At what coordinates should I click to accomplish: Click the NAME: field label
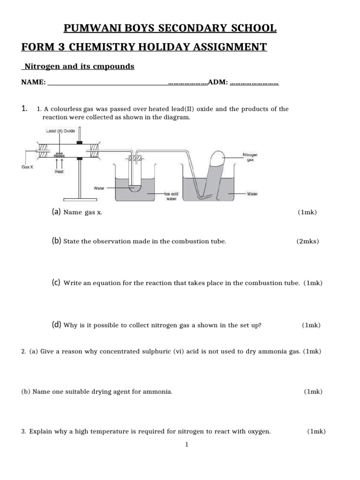pyautogui.click(x=33, y=82)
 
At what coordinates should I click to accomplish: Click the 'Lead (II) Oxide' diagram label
pyautogui.click(x=61, y=131)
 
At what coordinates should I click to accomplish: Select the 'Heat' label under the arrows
pyautogui.click(x=60, y=172)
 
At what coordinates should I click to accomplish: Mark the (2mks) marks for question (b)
pyautogui.click(x=307, y=241)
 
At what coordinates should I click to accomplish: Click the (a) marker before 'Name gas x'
pyautogui.click(x=56, y=212)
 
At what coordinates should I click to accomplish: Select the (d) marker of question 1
pyautogui.click(x=57, y=325)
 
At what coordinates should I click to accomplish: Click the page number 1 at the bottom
pyautogui.click(x=187, y=445)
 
